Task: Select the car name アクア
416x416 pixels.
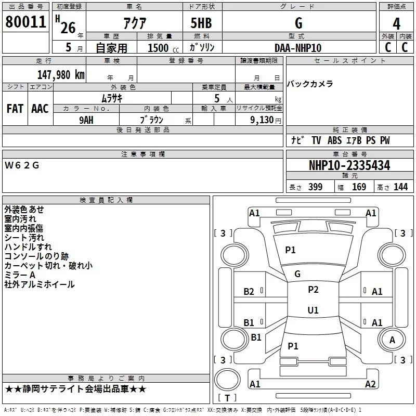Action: [134, 24]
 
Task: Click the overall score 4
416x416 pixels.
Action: [397, 23]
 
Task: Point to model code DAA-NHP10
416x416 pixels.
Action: [298, 48]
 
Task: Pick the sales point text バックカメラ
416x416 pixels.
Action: [310, 84]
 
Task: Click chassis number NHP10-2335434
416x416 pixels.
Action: [349, 165]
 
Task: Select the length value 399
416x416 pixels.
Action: [315, 187]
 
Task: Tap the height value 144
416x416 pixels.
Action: [400, 187]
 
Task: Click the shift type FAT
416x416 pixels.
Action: [15, 108]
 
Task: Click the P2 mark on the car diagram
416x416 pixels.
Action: [313, 290]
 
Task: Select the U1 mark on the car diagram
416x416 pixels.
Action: [313, 310]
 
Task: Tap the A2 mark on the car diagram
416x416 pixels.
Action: [370, 384]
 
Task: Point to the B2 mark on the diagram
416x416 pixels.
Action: [249, 292]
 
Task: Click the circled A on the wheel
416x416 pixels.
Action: [392, 340]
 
